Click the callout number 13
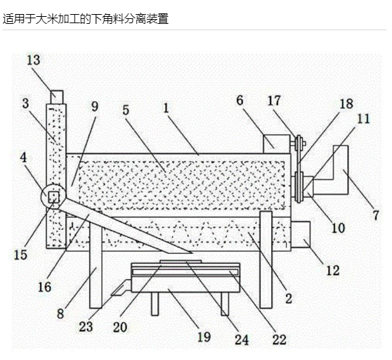pyautogui.click(x=34, y=60)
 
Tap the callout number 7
pyautogui.click(x=376, y=215)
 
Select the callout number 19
pyautogui.click(x=204, y=337)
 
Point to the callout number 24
pyautogui.click(x=242, y=340)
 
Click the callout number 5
pyautogui.click(x=126, y=110)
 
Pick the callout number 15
pyautogui.click(x=20, y=255)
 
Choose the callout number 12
pyautogui.click(x=333, y=271)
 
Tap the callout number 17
pyautogui.click(x=274, y=101)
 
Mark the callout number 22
pyautogui.click(x=280, y=340)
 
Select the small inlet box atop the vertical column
pyautogui.click(x=57, y=97)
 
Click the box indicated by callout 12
pyautogui.click(x=301, y=234)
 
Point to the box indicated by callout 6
pyautogui.click(x=277, y=144)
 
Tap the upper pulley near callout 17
pyautogui.click(x=298, y=143)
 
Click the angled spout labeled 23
pyautogui.click(x=121, y=288)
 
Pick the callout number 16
pyautogui.click(x=44, y=287)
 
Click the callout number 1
pyautogui.click(x=166, y=108)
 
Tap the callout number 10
pyautogui.click(x=338, y=228)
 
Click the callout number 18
pyautogui.click(x=346, y=104)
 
